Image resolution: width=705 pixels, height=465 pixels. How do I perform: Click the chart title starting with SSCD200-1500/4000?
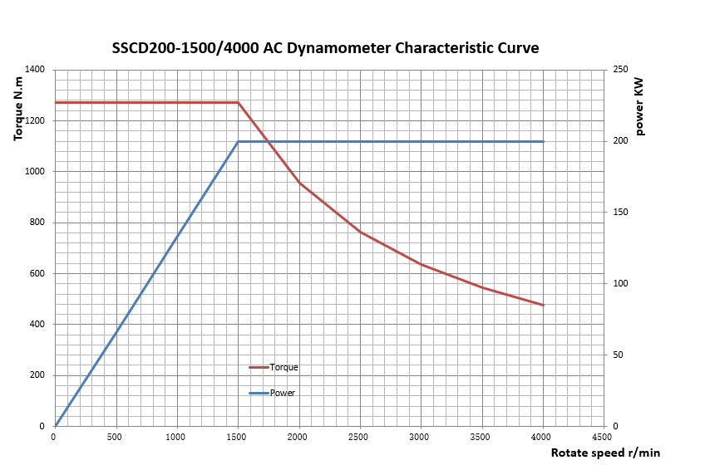(x=325, y=47)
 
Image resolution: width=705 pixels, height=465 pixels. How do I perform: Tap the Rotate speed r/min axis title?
(x=605, y=453)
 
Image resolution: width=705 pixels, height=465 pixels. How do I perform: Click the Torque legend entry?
(x=283, y=367)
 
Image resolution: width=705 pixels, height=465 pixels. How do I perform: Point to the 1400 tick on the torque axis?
(x=35, y=70)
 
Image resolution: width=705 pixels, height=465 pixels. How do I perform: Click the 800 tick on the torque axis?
(x=37, y=223)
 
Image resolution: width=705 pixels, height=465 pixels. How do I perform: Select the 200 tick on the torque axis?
(x=37, y=375)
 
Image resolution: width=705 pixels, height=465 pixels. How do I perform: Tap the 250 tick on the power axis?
(x=620, y=70)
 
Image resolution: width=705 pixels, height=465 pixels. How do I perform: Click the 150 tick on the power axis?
(x=620, y=213)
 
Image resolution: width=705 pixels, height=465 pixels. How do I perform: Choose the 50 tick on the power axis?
(x=618, y=355)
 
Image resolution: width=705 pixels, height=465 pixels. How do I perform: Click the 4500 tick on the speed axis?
(x=604, y=437)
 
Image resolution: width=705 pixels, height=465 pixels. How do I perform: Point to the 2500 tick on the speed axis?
(x=360, y=437)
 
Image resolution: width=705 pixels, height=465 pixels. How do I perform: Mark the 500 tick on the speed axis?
(x=116, y=437)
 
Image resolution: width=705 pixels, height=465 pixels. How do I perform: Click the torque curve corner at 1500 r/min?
(x=238, y=102)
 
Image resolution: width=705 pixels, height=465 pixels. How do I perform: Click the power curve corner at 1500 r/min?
(x=238, y=142)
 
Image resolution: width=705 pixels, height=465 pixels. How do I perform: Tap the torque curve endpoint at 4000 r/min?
(x=543, y=305)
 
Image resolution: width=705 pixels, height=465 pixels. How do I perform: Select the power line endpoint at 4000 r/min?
(x=543, y=142)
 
